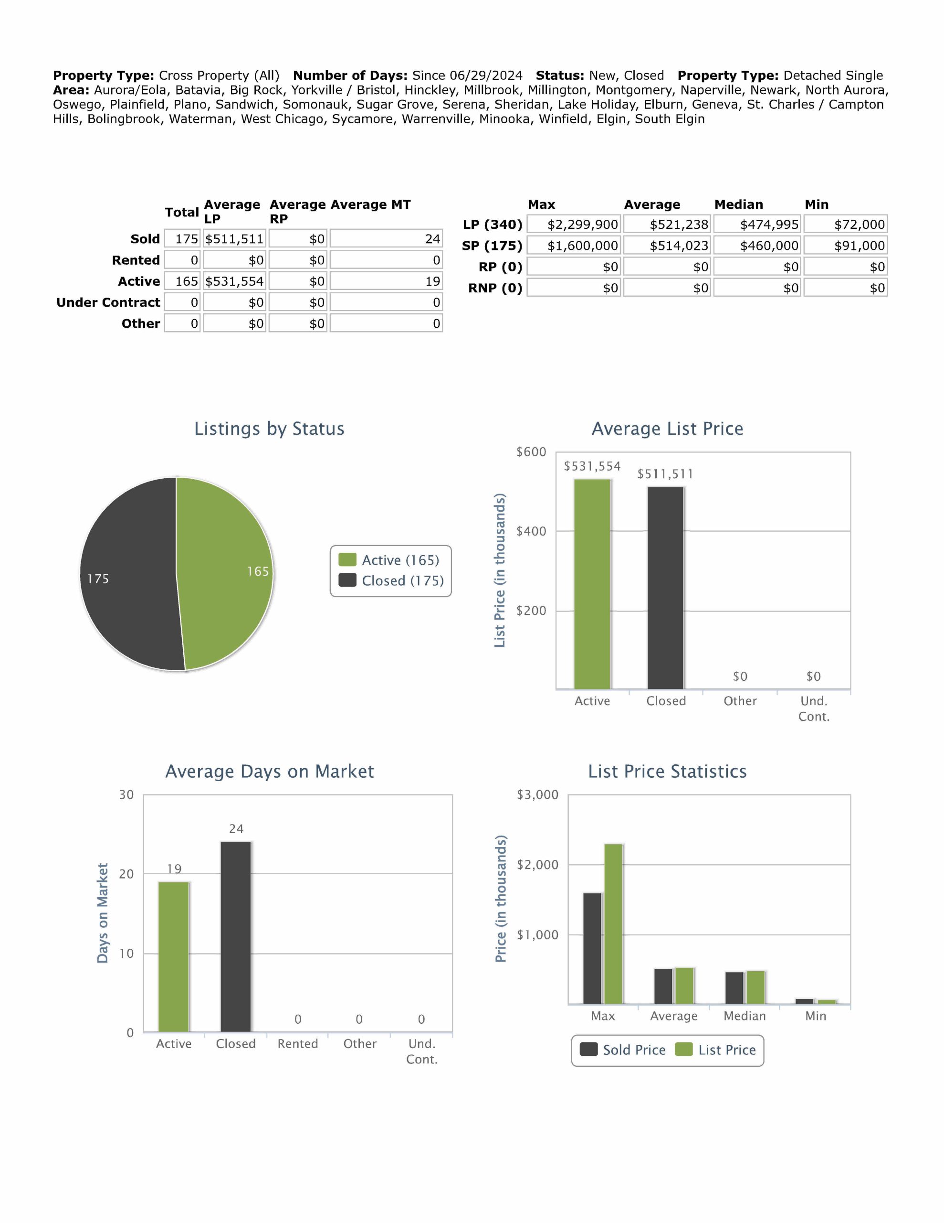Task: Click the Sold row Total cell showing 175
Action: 182,239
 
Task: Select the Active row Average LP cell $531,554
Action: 234,281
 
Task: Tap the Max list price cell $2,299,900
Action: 574,225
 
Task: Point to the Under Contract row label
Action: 108,302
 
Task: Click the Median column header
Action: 738,204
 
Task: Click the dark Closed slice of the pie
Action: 129,577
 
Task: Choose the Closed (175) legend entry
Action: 392,581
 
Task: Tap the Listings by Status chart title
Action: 269,429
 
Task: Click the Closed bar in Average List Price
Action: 665,588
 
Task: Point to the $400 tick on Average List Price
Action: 531,531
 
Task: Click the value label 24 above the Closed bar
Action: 236,829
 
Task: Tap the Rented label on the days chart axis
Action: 298,1044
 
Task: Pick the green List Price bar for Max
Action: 613,924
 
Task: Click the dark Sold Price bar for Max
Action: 592,949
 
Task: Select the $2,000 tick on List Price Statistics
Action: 536,865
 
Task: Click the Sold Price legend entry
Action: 623,1050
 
